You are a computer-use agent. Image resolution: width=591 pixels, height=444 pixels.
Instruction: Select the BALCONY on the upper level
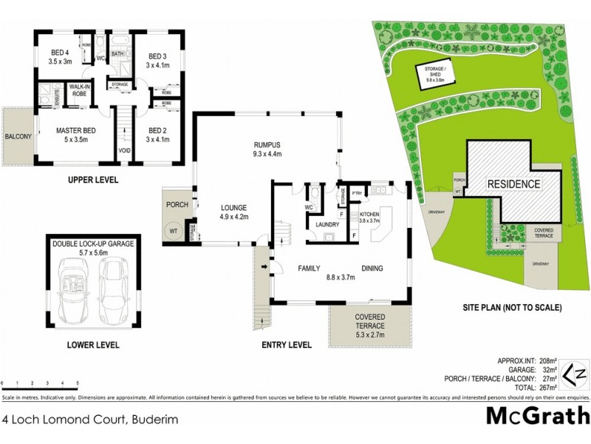[18, 137]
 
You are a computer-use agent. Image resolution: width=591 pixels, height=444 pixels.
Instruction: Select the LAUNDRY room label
[327, 224]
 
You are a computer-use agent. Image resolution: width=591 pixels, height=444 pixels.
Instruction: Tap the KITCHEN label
[369, 212]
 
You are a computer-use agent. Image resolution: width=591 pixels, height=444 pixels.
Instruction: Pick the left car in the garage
[75, 292]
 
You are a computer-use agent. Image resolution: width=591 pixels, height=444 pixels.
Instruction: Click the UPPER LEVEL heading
[93, 180]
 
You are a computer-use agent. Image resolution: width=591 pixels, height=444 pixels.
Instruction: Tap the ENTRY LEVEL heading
[287, 345]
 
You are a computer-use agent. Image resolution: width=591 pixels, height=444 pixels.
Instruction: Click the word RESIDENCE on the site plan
[513, 183]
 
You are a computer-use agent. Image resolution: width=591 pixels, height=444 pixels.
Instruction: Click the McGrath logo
[537, 415]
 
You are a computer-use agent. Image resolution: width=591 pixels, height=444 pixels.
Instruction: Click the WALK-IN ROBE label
[79, 90]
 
